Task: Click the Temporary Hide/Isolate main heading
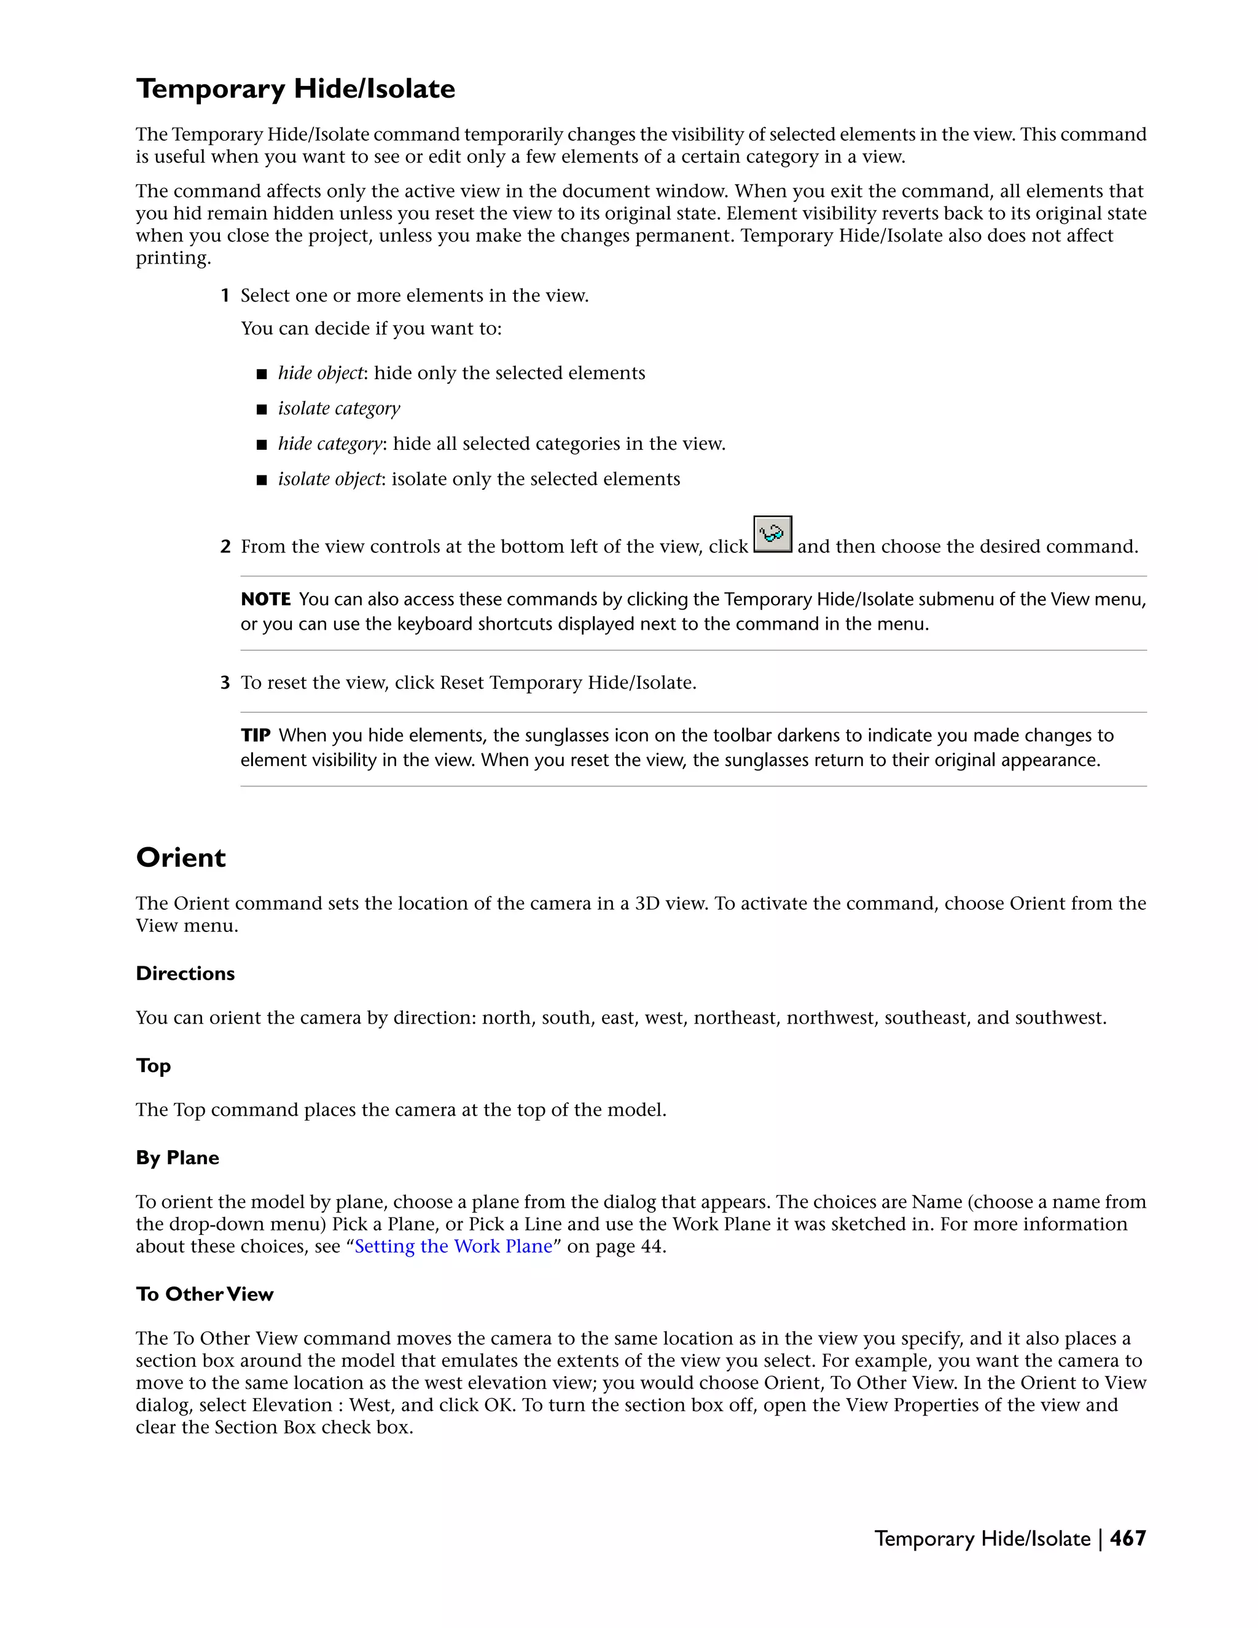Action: pyautogui.click(x=295, y=88)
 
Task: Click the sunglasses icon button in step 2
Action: pyautogui.click(x=772, y=534)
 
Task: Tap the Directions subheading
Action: pyautogui.click(x=185, y=974)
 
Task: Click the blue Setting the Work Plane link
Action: pyautogui.click(x=453, y=1246)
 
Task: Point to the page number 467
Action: pyautogui.click(x=1128, y=1538)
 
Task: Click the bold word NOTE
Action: pyautogui.click(x=265, y=600)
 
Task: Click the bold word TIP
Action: pyautogui.click(x=255, y=736)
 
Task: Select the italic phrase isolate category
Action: pyautogui.click(x=339, y=409)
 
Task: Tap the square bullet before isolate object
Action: pyautogui.click(x=262, y=480)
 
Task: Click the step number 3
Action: pyautogui.click(x=225, y=683)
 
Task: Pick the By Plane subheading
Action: pyautogui.click(x=178, y=1157)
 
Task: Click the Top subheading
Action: pyautogui.click(x=153, y=1065)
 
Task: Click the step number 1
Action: pyautogui.click(x=225, y=296)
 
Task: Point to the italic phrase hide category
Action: pyautogui.click(x=330, y=444)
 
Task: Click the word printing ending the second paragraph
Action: pyautogui.click(x=172, y=258)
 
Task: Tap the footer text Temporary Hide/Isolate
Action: pyautogui.click(x=982, y=1538)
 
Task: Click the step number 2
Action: pyautogui.click(x=225, y=547)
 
